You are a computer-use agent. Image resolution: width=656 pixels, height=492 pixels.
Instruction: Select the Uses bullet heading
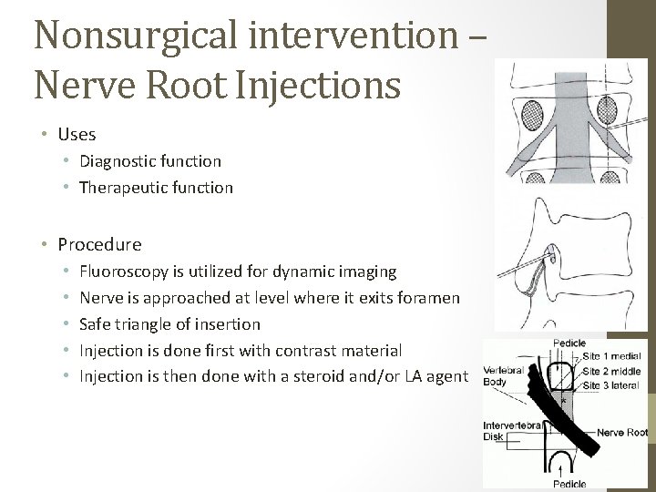tap(77, 134)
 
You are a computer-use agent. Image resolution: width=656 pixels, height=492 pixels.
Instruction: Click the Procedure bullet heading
tap(99, 244)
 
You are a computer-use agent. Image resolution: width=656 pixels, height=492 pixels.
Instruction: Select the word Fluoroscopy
tap(124, 271)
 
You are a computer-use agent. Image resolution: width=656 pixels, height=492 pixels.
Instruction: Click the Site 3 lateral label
tap(612, 386)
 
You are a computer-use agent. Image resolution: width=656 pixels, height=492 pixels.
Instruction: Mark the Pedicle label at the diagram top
tap(569, 343)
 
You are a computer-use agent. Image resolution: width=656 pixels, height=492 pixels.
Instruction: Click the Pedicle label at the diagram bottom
tap(569, 483)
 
